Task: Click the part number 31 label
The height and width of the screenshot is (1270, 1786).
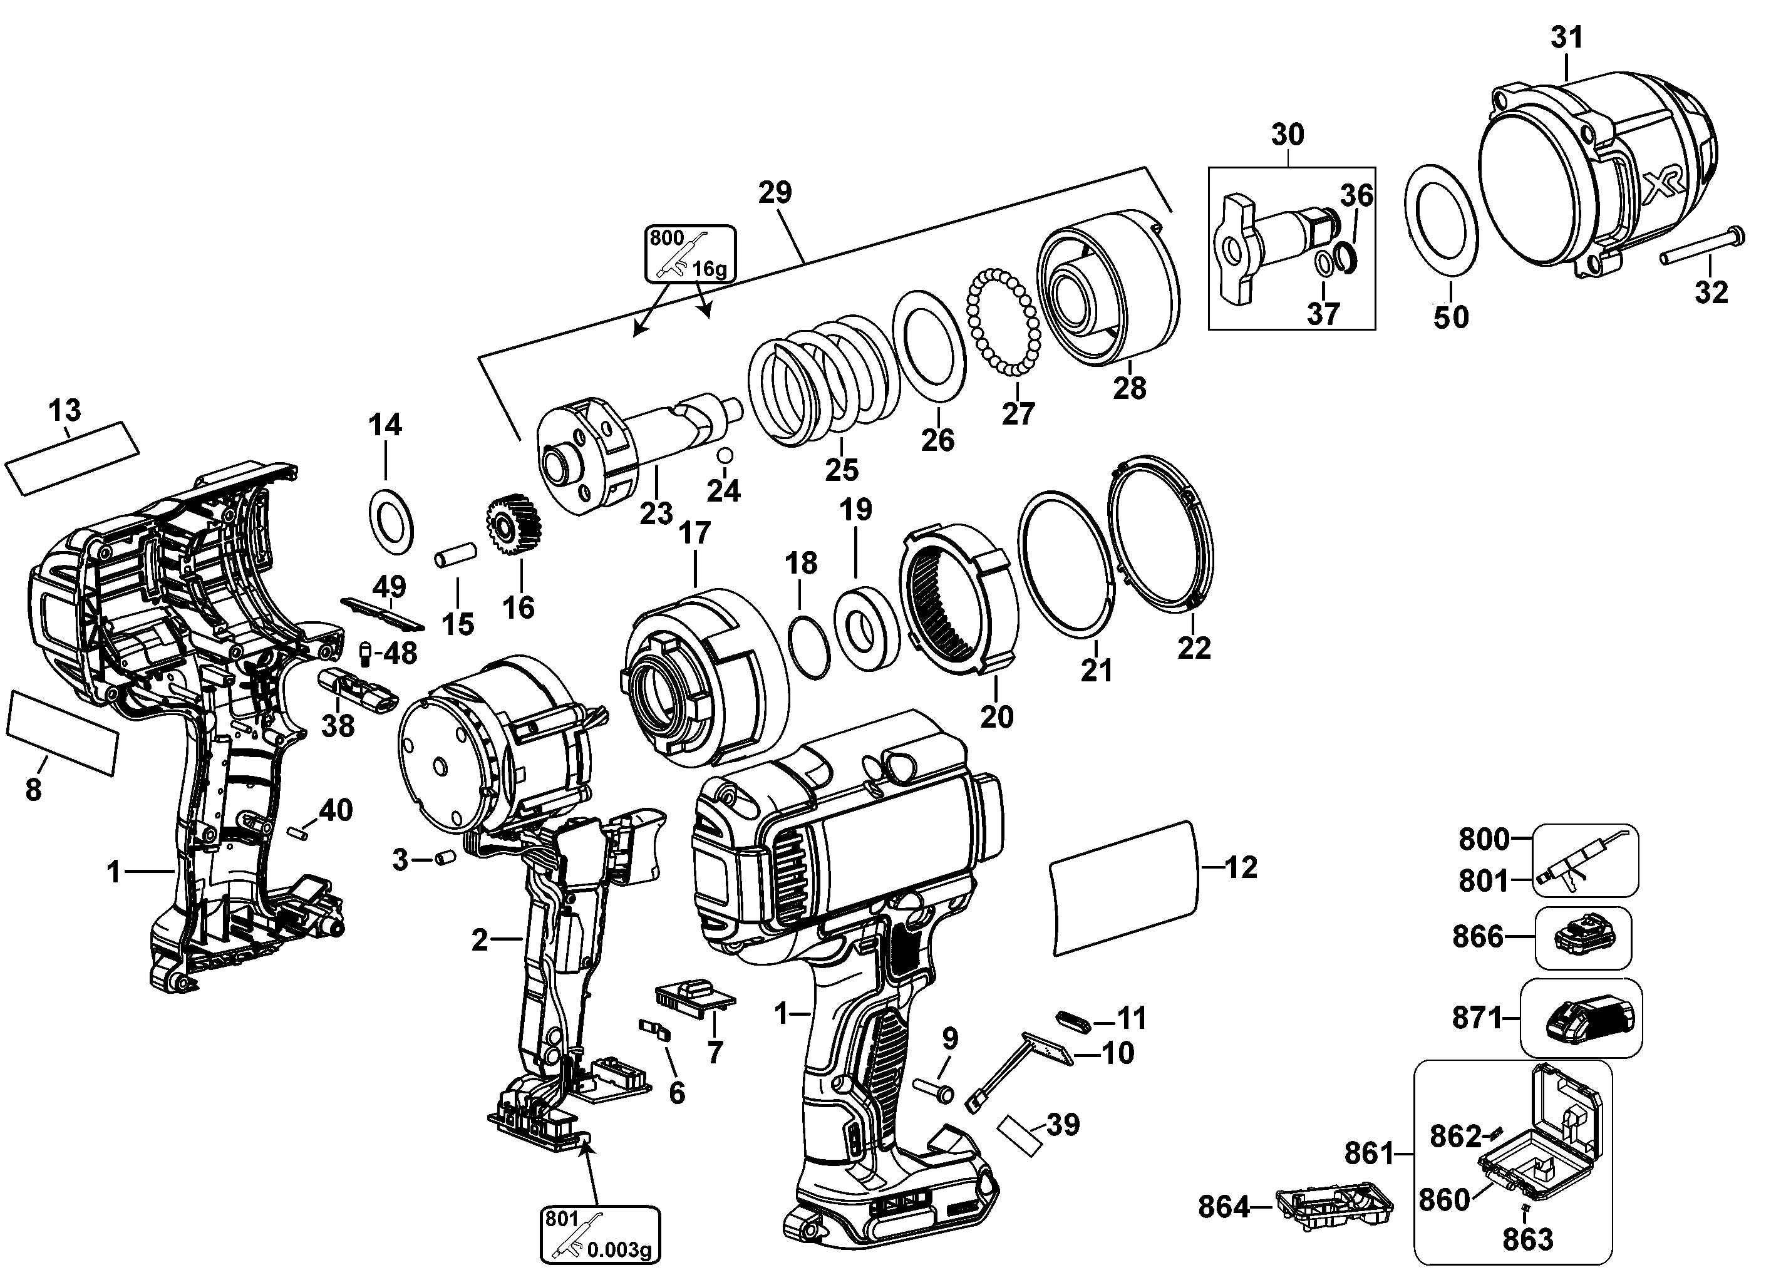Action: [1567, 37]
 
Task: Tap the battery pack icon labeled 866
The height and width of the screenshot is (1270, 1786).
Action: [1582, 936]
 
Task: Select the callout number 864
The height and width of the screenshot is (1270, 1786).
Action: [1224, 1207]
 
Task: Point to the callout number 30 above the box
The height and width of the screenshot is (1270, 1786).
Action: [1287, 135]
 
